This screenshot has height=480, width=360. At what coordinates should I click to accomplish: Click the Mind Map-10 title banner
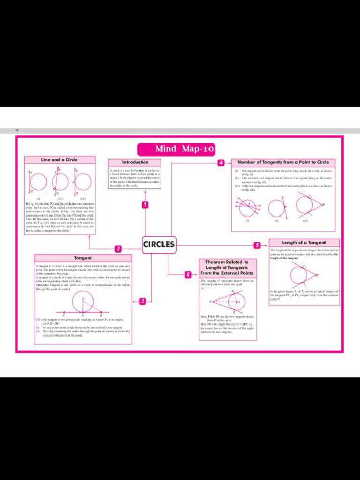[x=176, y=149]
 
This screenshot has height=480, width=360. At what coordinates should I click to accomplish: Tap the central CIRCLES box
[x=159, y=244]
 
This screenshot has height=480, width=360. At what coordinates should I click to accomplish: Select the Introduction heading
[x=135, y=162]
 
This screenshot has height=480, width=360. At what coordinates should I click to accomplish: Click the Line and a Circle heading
[x=60, y=160]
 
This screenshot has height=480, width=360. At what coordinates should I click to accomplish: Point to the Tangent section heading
[x=82, y=258]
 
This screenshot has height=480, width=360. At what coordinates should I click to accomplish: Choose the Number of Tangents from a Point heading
[x=283, y=162]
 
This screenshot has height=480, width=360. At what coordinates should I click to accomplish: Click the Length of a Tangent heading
[x=304, y=243]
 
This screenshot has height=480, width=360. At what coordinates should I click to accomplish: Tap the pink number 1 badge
[x=145, y=205]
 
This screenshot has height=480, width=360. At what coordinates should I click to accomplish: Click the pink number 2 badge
[x=118, y=248]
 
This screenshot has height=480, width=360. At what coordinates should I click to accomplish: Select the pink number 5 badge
[x=257, y=245]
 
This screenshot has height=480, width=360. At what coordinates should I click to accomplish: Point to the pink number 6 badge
[x=188, y=275]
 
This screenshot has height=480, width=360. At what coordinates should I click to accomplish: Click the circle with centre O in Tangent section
[x=83, y=302]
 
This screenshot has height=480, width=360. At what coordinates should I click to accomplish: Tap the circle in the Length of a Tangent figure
[x=298, y=275]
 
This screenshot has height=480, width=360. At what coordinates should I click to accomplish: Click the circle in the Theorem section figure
[x=236, y=301]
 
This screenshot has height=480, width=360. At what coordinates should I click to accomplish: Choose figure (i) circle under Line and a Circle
[x=38, y=182]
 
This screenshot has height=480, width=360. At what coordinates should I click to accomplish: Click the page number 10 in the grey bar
[x=17, y=130]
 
